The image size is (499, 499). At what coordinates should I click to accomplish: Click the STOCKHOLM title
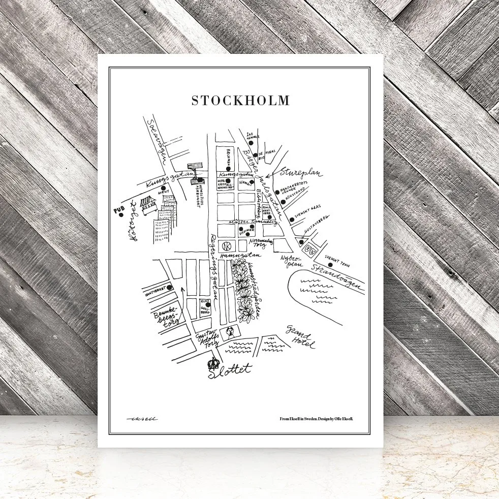[x=240, y=100]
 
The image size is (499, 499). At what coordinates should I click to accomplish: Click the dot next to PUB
[x=122, y=215]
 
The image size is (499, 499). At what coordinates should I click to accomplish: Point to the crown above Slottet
[x=214, y=363]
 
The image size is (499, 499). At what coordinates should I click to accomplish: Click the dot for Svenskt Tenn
[x=330, y=264]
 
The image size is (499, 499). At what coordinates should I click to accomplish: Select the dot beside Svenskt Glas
[x=292, y=220]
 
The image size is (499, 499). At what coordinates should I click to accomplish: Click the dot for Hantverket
[x=169, y=289]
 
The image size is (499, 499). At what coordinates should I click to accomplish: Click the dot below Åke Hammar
[x=251, y=144]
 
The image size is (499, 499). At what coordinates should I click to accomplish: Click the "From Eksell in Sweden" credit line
[x=316, y=419]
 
